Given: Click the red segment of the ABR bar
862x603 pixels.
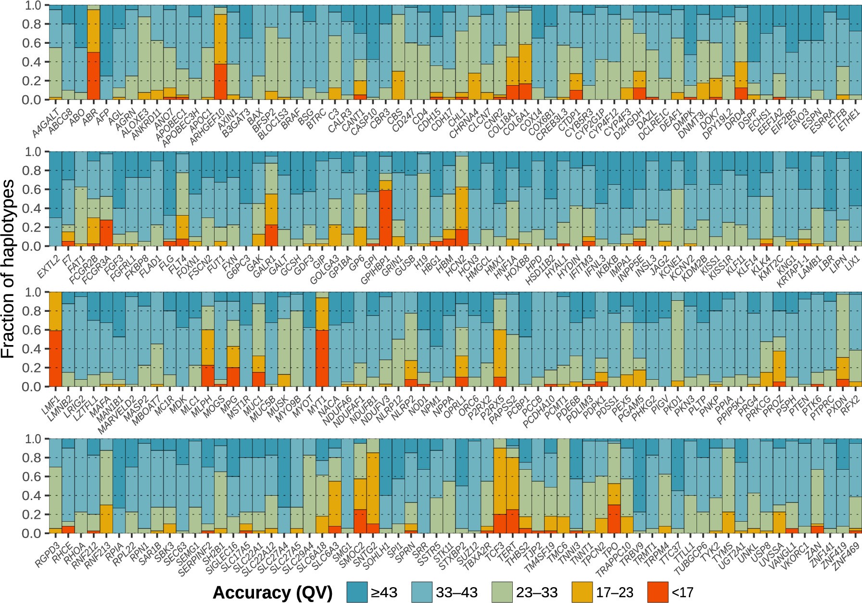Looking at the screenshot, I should pyautogui.click(x=93, y=76).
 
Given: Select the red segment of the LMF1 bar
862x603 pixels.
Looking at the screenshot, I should pyautogui.click(x=55, y=359).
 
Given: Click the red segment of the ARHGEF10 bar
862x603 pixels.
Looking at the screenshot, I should pyautogui.click(x=220, y=82).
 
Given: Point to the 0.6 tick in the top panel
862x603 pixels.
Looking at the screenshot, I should pyautogui.click(x=35, y=43).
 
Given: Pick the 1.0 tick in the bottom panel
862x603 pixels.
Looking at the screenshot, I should pyautogui.click(x=35, y=439).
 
